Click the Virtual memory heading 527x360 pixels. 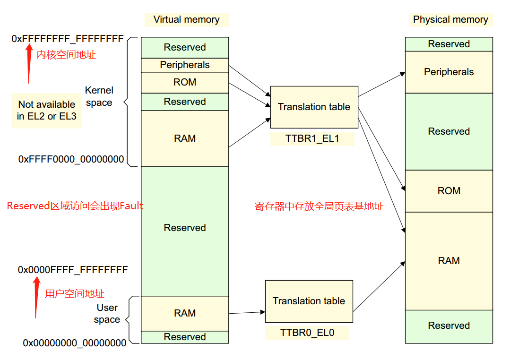coord(186,19)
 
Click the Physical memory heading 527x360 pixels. coord(450,19)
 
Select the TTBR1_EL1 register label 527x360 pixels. coord(312,139)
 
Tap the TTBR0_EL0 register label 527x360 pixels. coord(307,333)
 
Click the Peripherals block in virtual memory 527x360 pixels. coord(185,65)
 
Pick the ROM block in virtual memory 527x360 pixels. coord(185,82)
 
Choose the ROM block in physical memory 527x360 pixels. coord(449,191)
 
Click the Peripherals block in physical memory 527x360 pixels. coord(449,72)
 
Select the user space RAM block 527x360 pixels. coord(185,313)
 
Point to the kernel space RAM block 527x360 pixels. coord(185,138)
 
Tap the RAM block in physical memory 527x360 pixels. coord(449,261)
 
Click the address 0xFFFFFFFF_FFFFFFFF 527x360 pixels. coord(68,39)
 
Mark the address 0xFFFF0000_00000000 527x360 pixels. coord(71,159)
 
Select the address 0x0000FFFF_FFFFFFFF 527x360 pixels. coord(73,270)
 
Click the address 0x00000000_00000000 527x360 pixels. coord(75,343)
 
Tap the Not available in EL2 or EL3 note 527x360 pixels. coord(46,110)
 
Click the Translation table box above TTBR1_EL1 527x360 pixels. coord(314,107)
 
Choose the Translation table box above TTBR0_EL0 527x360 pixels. coord(309,301)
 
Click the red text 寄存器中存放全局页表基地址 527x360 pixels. coord(319,206)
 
